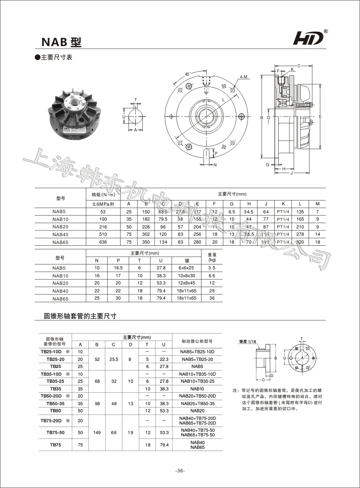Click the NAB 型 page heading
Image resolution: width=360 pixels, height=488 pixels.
pos(61,42)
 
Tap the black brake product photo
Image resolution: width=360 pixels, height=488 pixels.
pos(75,111)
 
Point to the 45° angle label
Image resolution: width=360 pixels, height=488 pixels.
pos(188,74)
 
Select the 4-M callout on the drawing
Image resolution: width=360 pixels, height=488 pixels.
pos(243,77)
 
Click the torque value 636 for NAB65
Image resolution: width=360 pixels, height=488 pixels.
pos(103,242)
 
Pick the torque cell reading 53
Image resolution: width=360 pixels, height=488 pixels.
pos(103,212)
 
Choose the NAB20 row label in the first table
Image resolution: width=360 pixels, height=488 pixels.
pos(61,227)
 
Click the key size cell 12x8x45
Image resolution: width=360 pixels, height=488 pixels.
pos(187,283)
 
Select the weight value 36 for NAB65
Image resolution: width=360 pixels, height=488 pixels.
pos(212,298)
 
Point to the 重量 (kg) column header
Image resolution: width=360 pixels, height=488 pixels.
pos(212,257)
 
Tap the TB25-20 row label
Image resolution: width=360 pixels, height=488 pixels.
pos(55,359)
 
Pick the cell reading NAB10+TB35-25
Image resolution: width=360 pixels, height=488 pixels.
pos(197,381)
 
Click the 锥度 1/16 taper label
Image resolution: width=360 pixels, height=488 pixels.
pos(248,341)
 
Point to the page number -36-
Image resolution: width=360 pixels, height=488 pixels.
pos(180,471)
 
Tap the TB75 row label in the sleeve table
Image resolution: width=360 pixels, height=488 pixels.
pos(55,445)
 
